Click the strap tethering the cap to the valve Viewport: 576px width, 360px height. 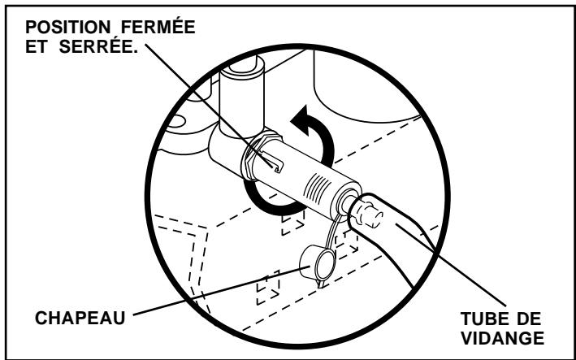(x=329, y=235)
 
